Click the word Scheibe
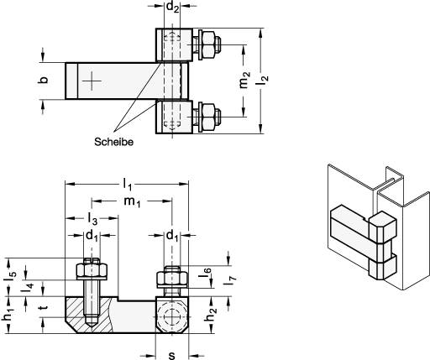[113, 142]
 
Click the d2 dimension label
[172, 8]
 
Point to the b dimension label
[43, 80]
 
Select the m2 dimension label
[244, 80]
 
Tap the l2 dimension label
[263, 81]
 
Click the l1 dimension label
[128, 185]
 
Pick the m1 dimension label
[132, 201]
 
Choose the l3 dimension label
[92, 219]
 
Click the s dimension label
[172, 355]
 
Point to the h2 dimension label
[212, 315]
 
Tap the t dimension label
[43, 307]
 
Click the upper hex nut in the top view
[209, 44]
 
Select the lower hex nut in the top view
[209, 117]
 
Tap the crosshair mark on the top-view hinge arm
[92, 81]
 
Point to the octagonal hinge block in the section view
[172, 316]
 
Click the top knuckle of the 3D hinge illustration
[382, 227]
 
